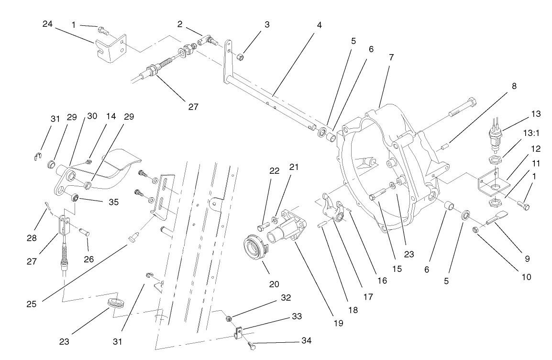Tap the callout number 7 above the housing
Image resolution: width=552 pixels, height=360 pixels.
click(x=391, y=56)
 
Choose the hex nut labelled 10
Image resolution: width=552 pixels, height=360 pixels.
click(x=476, y=230)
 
